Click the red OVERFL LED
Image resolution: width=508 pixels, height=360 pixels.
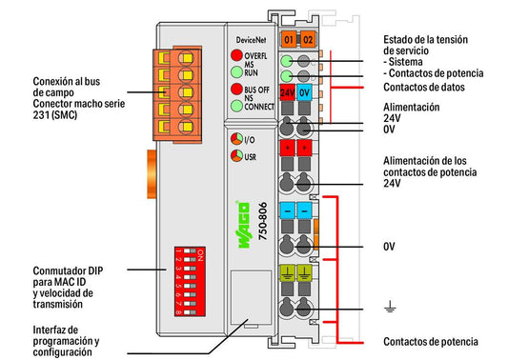[236, 55]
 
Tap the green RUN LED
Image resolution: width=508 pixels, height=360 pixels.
[236, 71]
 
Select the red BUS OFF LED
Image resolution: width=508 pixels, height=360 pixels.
[236, 89]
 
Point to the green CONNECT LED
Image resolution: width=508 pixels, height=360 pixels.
[236, 106]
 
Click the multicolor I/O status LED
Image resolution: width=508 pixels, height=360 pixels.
[236, 139]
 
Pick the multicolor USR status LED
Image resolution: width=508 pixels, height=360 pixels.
[236, 156]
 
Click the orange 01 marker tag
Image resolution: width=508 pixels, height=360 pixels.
[289, 39]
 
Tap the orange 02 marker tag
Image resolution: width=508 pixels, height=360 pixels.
[308, 39]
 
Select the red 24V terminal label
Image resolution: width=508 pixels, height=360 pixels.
[288, 92]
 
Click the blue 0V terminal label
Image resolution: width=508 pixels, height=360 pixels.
[304, 92]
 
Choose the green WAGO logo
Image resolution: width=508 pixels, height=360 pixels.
[244, 225]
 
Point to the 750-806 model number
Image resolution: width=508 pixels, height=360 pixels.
[263, 221]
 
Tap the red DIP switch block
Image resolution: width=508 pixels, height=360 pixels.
[190, 281]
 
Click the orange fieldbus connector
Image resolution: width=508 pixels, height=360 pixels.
[177, 94]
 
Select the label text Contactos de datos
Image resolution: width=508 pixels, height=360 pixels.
[424, 87]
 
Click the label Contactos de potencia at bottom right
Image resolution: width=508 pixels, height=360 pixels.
[431, 342]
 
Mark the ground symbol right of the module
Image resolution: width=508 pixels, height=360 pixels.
[390, 307]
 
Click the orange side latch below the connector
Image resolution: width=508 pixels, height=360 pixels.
[152, 174]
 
